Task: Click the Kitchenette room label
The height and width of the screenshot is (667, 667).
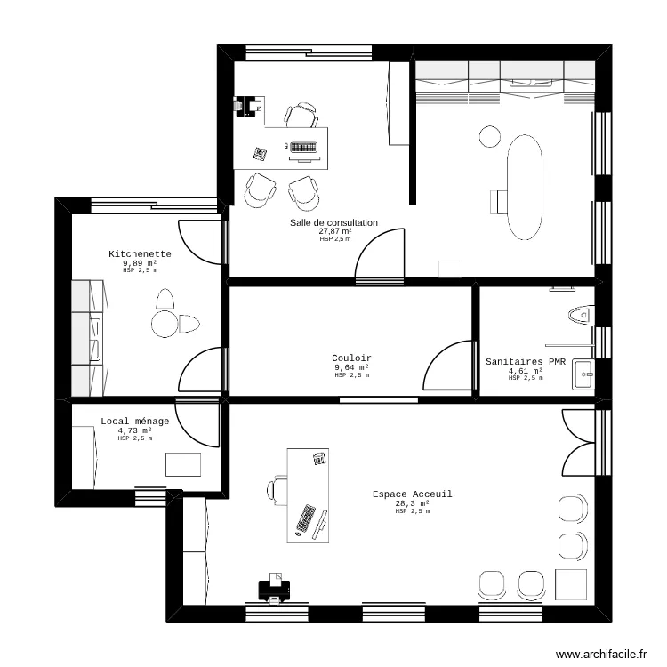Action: tap(140, 254)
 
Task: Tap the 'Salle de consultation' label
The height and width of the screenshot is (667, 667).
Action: tap(333, 223)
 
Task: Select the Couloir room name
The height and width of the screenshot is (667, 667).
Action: tap(352, 358)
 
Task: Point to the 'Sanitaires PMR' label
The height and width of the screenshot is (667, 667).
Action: tap(526, 362)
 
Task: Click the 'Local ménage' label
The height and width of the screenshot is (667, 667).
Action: tap(134, 422)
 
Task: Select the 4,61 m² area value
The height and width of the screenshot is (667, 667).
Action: tap(526, 371)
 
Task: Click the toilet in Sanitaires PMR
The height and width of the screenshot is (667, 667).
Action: tap(579, 314)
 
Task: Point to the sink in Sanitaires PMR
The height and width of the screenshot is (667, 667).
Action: tap(583, 370)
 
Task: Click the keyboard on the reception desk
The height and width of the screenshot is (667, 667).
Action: tap(306, 519)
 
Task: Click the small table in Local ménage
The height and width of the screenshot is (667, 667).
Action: tap(184, 464)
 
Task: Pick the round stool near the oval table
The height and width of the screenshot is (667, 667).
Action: tap(490, 136)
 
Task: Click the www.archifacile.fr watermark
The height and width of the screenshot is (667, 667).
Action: tap(602, 654)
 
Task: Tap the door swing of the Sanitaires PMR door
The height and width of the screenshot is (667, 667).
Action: tap(450, 366)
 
